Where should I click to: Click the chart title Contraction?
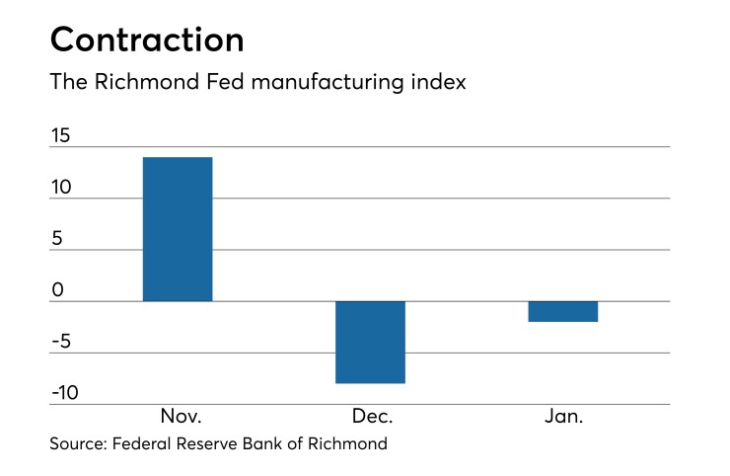(x=147, y=40)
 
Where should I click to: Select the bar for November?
(x=178, y=229)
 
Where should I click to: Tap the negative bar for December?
(x=370, y=342)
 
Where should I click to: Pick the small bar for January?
(x=563, y=311)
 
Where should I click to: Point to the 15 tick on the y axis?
(x=60, y=135)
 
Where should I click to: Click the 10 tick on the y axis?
(x=60, y=187)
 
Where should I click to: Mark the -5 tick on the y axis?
(x=61, y=342)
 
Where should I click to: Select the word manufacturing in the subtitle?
(x=316, y=83)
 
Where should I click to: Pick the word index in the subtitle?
(x=439, y=83)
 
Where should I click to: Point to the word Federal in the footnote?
(x=142, y=444)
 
